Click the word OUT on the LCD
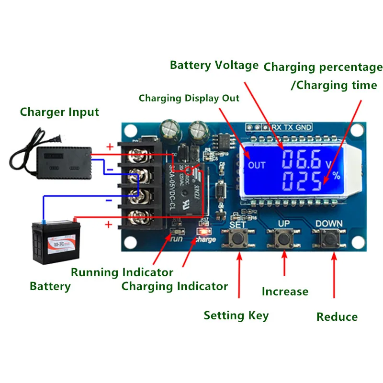click(x=257, y=166)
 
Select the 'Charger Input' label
click(x=59, y=113)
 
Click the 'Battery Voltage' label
click(x=214, y=65)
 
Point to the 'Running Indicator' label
click(x=122, y=272)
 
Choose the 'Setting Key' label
click(x=236, y=315)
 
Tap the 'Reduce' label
click(x=337, y=317)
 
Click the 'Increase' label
click(x=285, y=292)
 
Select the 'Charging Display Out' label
click(x=189, y=99)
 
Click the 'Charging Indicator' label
click(x=174, y=287)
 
